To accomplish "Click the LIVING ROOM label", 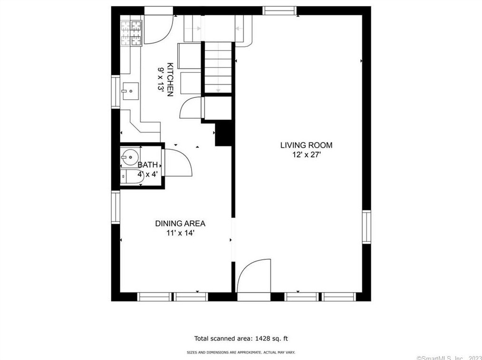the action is tap(306, 145).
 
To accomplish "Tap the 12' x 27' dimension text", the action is tap(307, 155).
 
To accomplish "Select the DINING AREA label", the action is tap(180, 223).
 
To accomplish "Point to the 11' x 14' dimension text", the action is tap(181, 233).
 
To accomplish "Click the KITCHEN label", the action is tap(170, 80).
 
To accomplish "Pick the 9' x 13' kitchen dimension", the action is tap(161, 79).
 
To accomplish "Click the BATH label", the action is tap(147, 165).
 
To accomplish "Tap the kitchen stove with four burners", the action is tap(131, 33).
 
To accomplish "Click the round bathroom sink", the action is tap(130, 157).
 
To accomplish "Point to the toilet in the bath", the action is tap(131, 177).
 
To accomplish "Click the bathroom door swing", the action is tap(178, 162).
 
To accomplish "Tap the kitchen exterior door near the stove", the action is tap(159, 29).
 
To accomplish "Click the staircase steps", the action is tap(218, 67).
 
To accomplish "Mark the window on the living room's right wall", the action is tap(366, 227).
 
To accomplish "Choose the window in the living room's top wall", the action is tap(280, 11).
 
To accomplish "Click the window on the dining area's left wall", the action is tap(116, 207).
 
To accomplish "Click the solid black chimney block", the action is tap(223, 133).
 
